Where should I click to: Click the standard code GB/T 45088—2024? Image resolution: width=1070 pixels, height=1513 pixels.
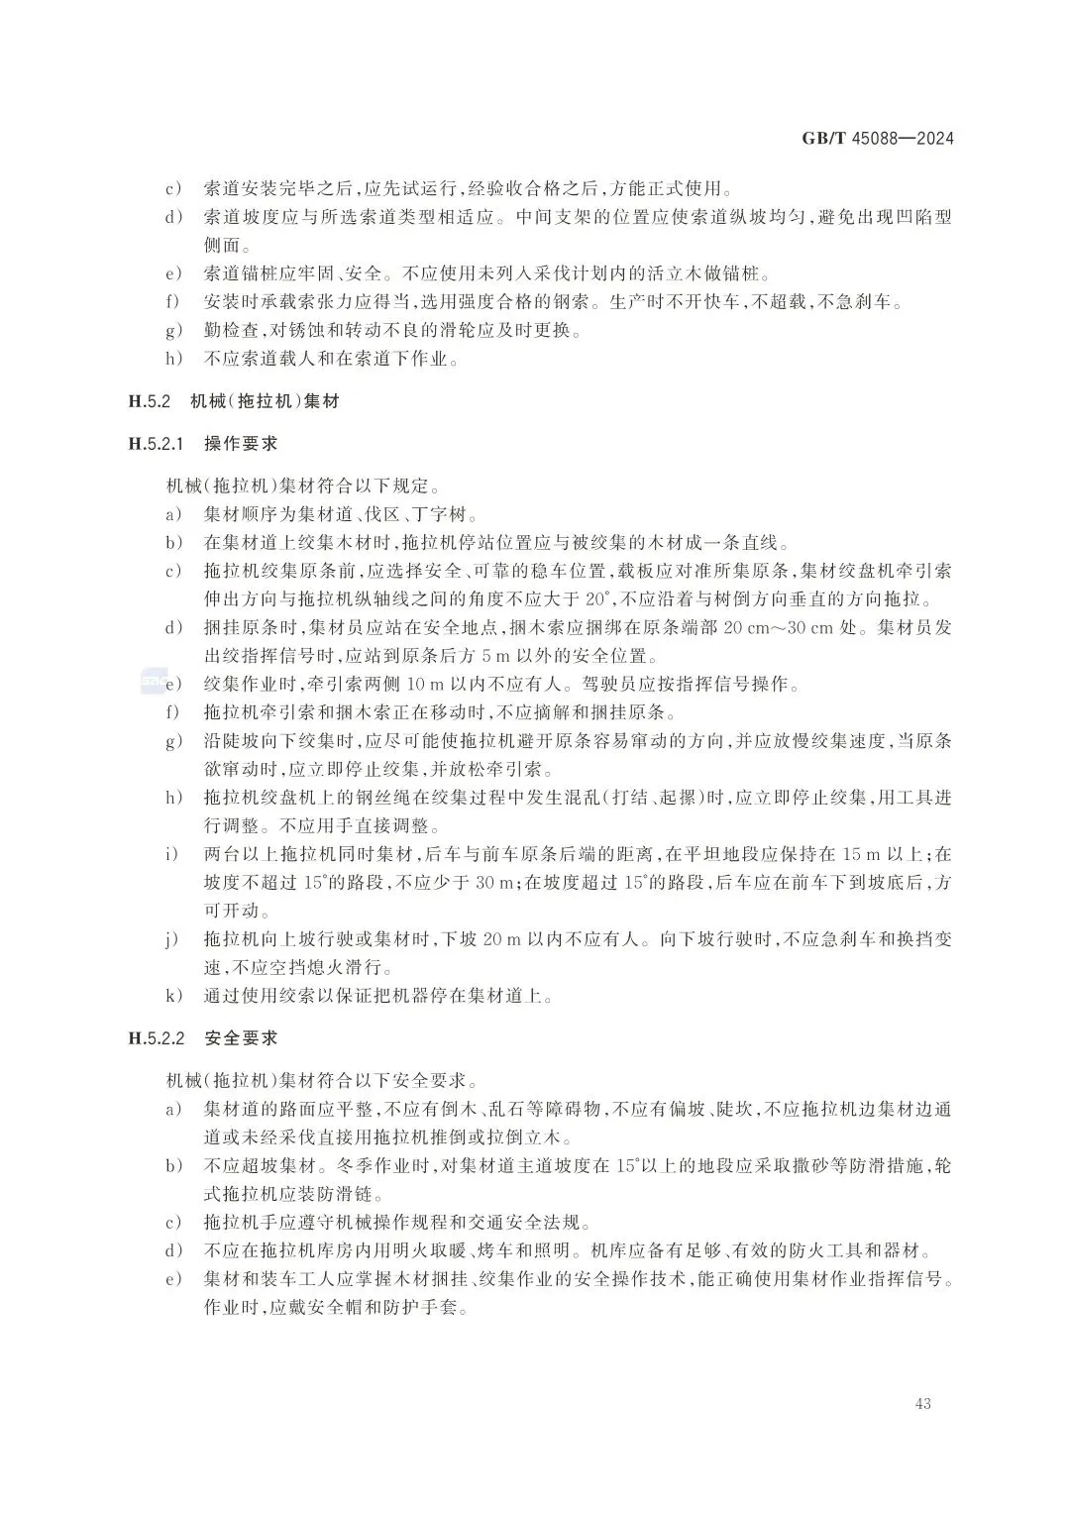877,139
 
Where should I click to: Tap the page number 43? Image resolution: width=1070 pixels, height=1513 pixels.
923,1403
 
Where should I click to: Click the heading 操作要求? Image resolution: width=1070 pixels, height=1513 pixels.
241,445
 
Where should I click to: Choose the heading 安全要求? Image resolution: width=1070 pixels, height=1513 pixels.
241,1038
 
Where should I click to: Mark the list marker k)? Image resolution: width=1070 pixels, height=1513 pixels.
172,996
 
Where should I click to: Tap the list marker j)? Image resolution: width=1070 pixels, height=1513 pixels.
172,939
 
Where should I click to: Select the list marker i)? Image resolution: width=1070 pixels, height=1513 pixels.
172,854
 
